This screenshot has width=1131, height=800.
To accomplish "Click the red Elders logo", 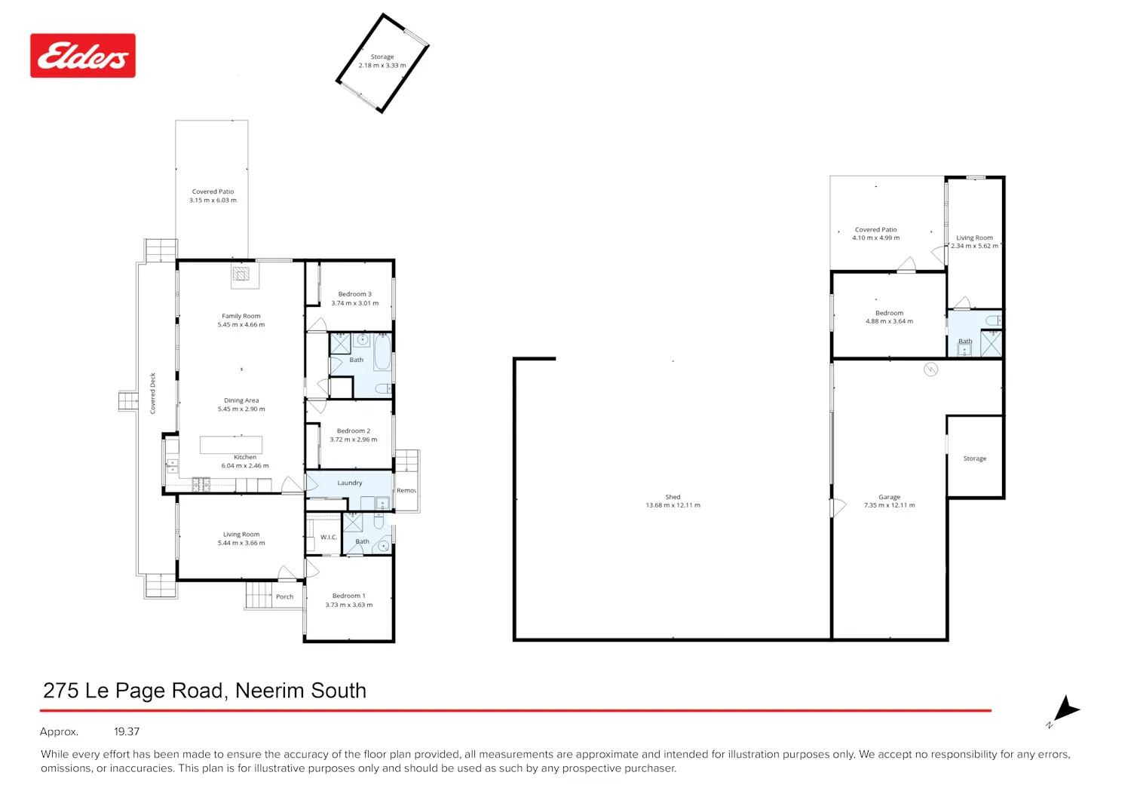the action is coord(83,56).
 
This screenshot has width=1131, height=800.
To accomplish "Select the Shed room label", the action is coord(673,497).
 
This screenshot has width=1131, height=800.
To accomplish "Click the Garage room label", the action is coord(889,497).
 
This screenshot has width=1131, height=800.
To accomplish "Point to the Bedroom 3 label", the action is coord(355,294).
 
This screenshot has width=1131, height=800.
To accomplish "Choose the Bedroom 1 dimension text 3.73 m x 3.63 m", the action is coord(349,605).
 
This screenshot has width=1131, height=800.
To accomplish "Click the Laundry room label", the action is coord(350,483).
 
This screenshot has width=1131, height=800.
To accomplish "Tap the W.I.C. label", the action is coord(329,537).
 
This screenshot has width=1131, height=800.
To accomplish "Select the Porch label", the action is coord(285,596).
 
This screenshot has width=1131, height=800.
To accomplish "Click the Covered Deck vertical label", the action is coord(152,394).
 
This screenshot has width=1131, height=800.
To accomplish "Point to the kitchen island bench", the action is coord(231,445).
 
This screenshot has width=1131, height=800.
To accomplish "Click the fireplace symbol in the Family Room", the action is coord(241,274).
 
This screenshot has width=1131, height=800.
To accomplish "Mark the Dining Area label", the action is coord(241,400).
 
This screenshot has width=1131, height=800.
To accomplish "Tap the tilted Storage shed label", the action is coord(382,57).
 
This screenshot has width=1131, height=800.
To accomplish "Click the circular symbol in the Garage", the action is coord(930,369).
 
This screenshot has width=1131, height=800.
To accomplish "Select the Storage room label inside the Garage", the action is coord(974,458).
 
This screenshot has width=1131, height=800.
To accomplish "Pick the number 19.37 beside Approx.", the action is coord(127,731).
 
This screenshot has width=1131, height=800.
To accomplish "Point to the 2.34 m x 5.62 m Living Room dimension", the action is coord(974,246).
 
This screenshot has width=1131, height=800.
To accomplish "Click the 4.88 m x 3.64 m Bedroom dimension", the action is coord(889,321).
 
